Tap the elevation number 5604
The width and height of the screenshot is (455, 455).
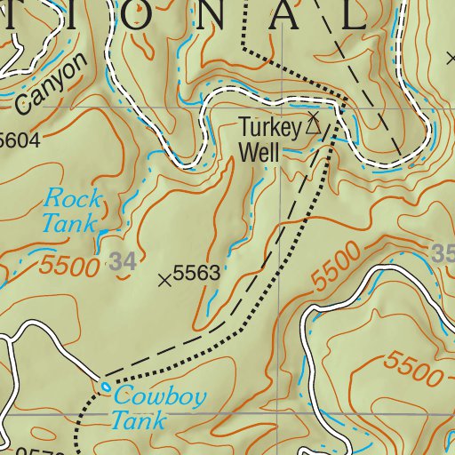tap(20, 140)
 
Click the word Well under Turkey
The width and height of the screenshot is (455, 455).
tap(259, 151)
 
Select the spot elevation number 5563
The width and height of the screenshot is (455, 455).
tap(196, 275)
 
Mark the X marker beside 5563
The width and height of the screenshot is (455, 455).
tap(164, 280)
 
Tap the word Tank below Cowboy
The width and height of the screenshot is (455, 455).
tap(137, 420)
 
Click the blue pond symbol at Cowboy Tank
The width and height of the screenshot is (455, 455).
tap(106, 387)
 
